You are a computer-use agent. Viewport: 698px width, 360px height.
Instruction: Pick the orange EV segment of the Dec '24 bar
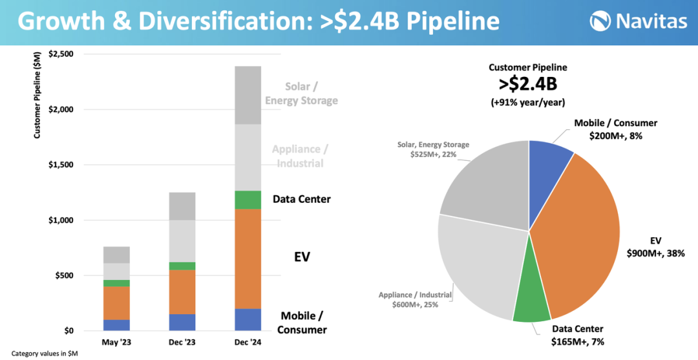click(x=248, y=259)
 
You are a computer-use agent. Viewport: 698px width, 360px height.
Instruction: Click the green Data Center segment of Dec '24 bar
click(x=248, y=200)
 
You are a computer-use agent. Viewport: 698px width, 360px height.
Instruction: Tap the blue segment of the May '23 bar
click(x=116, y=325)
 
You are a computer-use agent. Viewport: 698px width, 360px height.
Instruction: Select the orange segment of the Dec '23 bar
click(x=182, y=291)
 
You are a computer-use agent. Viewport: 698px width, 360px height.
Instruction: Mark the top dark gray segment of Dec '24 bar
click(x=248, y=95)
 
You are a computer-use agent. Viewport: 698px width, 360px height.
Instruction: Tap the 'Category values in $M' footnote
click(x=45, y=354)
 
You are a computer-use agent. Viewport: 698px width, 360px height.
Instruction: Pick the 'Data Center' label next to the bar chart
click(x=301, y=199)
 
